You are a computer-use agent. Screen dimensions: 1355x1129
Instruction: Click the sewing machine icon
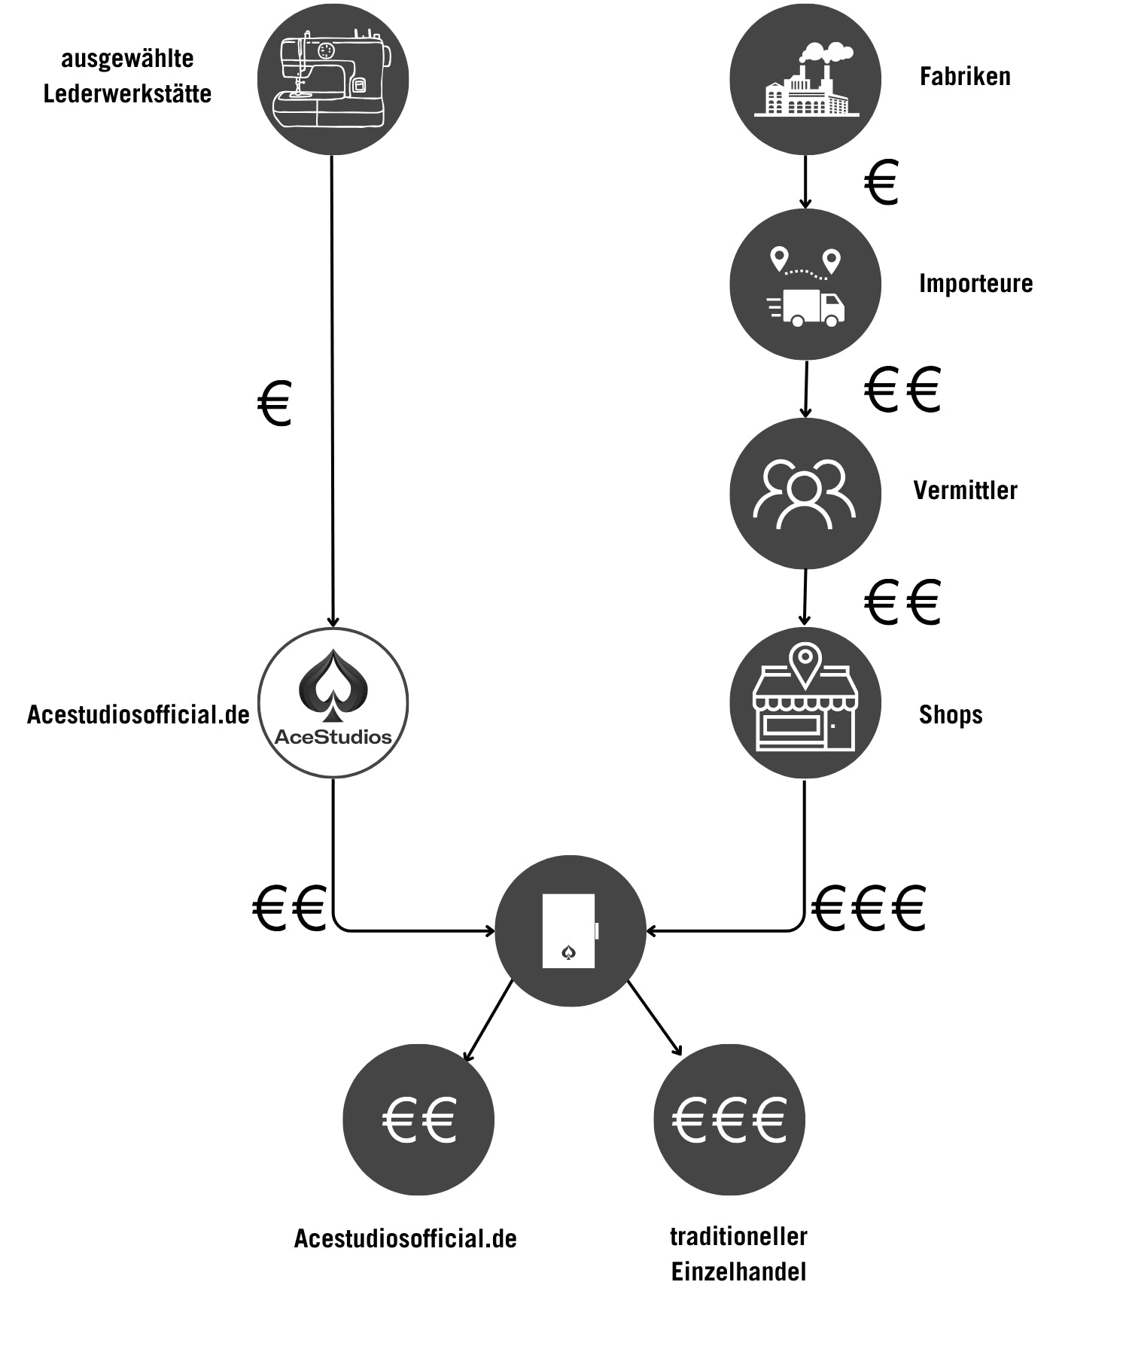333,79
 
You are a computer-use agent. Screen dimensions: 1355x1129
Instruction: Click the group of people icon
805,493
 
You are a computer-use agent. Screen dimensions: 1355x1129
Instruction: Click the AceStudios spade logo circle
333,702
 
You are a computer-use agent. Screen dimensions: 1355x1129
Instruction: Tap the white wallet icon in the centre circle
570,930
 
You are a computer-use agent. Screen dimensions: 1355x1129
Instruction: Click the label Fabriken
965,77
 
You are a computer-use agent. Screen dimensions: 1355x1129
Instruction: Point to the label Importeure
975,284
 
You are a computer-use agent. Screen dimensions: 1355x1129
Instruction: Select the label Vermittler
965,491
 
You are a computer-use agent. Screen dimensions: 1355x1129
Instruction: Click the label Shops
951,714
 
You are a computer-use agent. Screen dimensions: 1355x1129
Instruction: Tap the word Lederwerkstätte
127,94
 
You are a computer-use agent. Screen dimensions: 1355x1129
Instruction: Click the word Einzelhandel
738,1272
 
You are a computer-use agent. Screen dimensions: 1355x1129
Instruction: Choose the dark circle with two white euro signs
418,1119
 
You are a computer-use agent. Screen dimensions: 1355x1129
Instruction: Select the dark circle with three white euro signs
729,1119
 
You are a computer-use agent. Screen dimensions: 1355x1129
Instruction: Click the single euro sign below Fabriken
881,182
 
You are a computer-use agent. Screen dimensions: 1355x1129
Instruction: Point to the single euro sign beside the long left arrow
275,403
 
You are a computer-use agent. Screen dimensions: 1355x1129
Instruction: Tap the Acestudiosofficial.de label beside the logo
138,714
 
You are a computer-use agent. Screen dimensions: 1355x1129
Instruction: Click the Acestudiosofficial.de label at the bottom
405,1238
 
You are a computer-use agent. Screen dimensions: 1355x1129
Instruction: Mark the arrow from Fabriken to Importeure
805,181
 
